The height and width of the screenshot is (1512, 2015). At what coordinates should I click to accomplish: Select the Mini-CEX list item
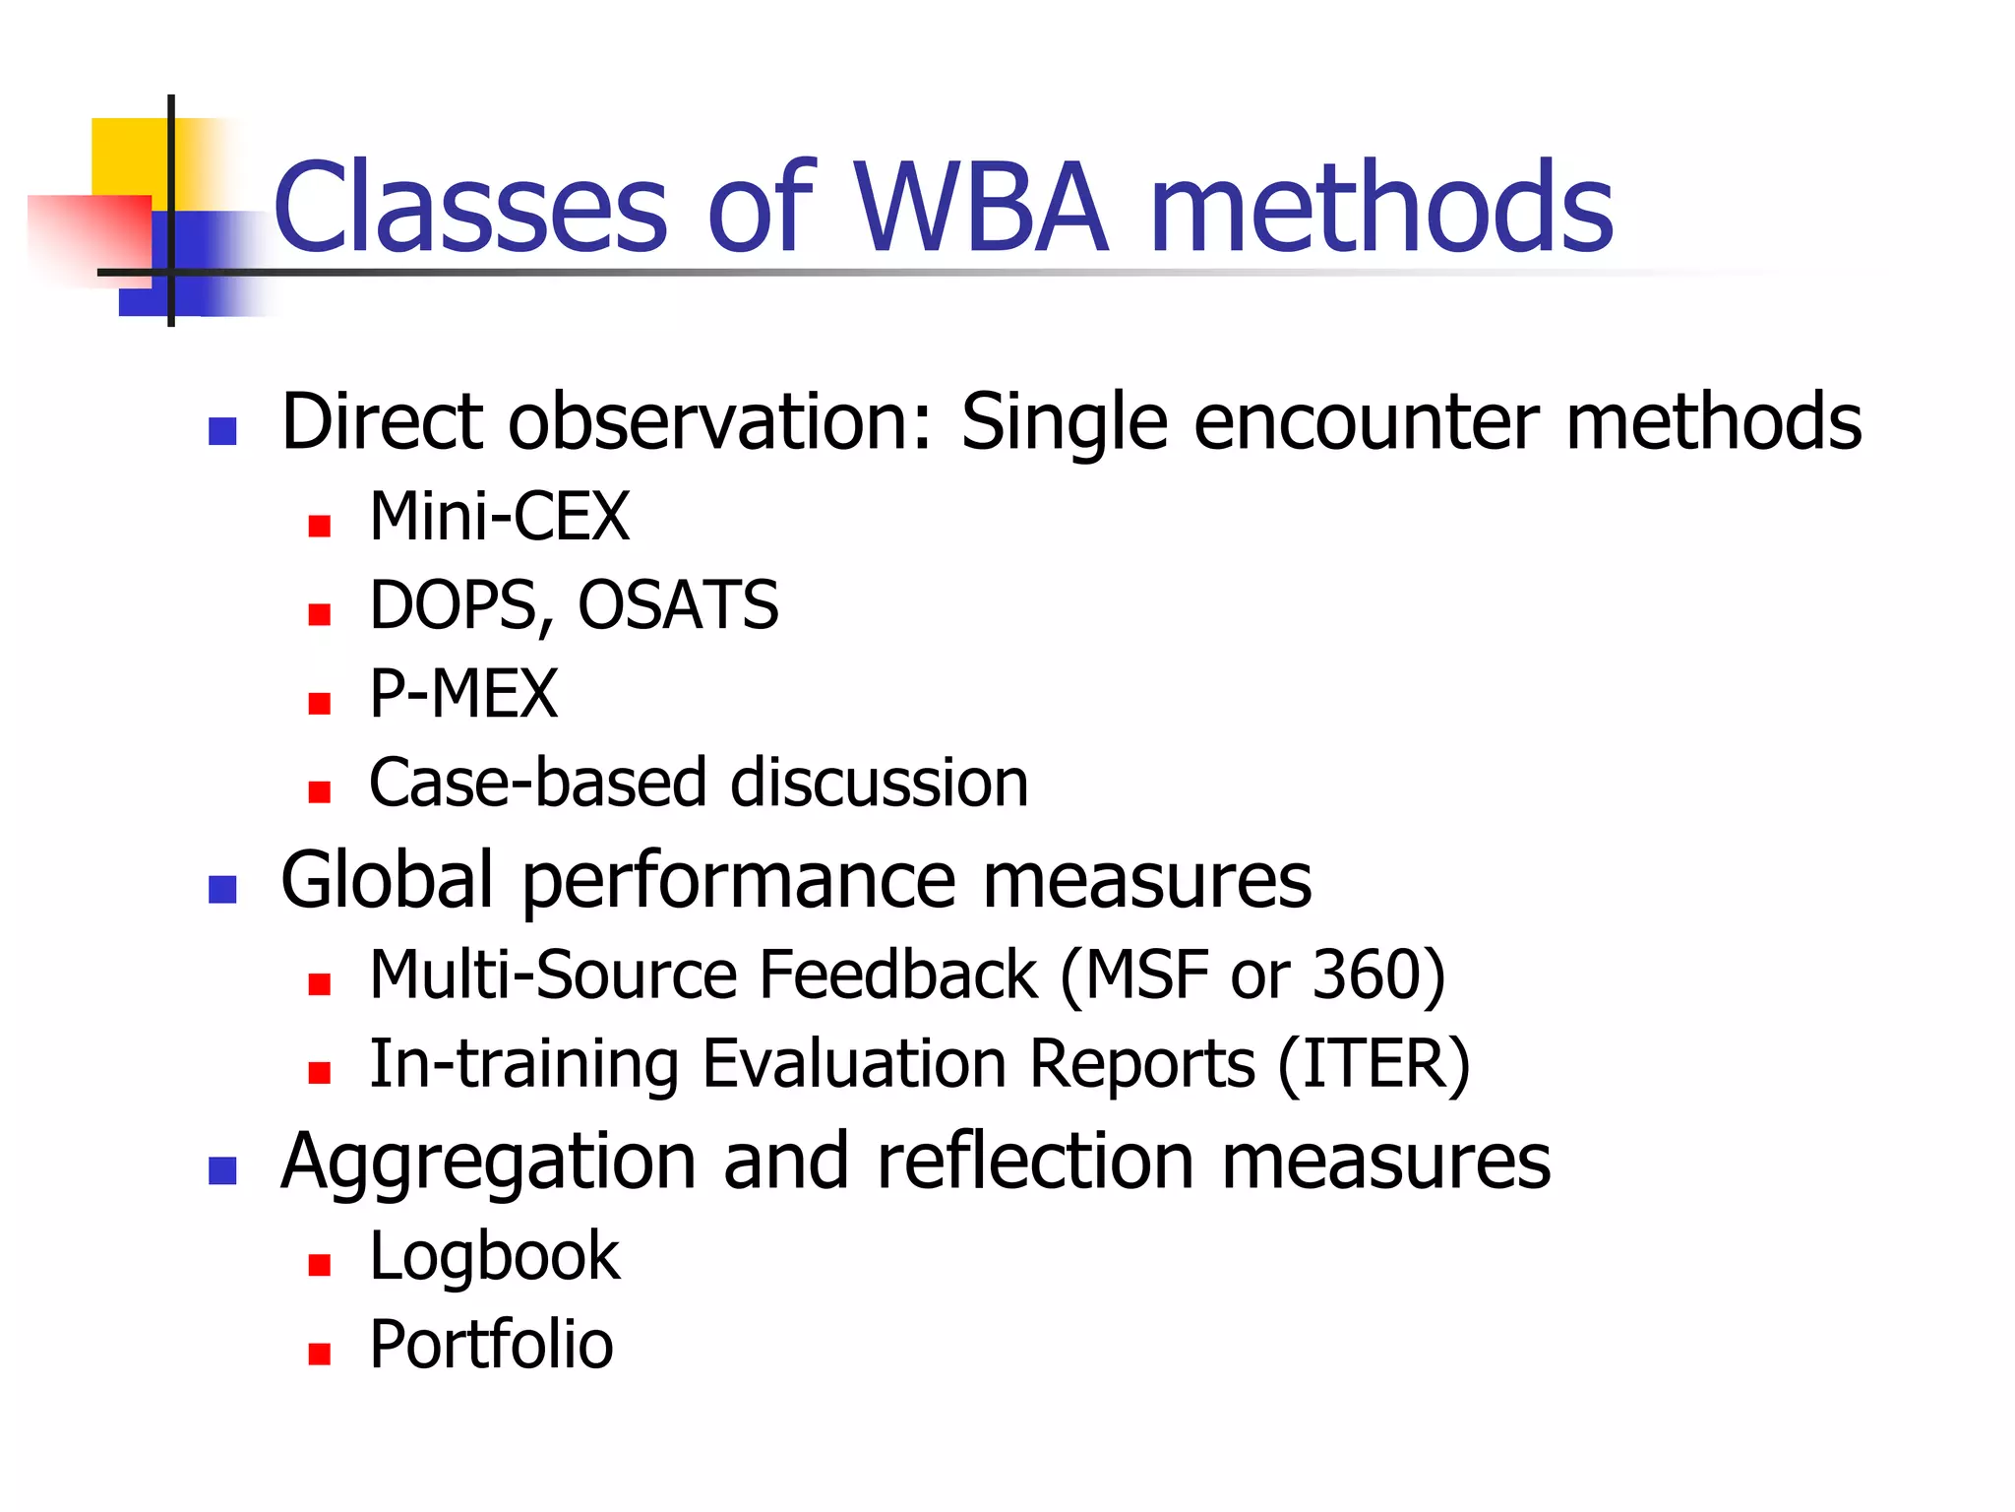point(499,517)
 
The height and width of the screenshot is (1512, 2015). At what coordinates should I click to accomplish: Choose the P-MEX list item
point(463,694)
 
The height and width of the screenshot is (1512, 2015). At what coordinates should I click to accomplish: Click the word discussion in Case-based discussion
point(880,784)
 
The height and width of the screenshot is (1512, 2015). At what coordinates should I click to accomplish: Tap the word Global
point(387,879)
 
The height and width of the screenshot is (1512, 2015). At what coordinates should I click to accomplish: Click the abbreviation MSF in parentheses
point(1146,975)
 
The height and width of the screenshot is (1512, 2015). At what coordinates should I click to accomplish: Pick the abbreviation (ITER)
point(1374,1064)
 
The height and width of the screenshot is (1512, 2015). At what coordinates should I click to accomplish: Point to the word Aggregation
point(488,1162)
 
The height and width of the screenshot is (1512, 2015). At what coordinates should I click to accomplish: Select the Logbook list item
point(494,1257)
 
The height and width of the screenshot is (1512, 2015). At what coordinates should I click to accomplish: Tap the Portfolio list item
point(491,1345)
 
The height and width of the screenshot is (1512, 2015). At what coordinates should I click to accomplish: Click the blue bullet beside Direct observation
point(222,431)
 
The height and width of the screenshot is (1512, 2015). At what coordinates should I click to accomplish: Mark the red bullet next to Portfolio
point(319,1354)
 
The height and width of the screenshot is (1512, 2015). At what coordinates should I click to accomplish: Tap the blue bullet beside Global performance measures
point(222,889)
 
